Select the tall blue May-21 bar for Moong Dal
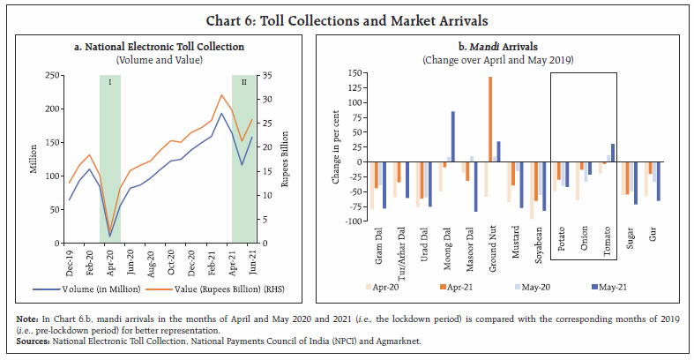pos(453,137)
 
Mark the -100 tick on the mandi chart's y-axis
pos(354,221)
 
